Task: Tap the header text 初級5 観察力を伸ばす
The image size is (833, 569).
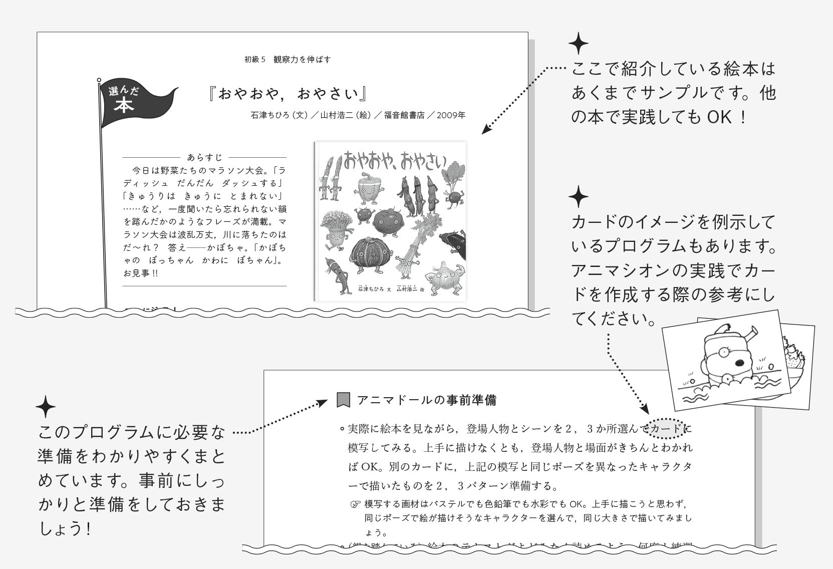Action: pyautogui.click(x=288, y=60)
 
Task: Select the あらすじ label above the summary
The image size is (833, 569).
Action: pyautogui.click(x=204, y=157)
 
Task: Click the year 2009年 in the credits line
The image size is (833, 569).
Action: pyautogui.click(x=450, y=115)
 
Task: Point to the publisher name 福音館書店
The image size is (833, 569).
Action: pyautogui.click(x=404, y=115)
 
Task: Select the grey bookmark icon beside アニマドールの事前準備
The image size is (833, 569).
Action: pyautogui.click(x=343, y=399)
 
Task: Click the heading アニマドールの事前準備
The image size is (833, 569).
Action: pyautogui.click(x=426, y=400)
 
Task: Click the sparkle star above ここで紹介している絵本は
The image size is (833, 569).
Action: pyautogui.click(x=578, y=44)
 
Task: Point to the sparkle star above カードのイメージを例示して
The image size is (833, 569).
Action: pyautogui.click(x=578, y=197)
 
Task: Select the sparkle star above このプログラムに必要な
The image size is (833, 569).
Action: pyautogui.click(x=46, y=407)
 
